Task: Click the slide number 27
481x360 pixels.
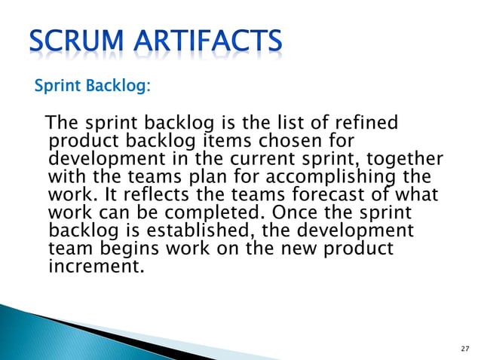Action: click(x=463, y=349)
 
